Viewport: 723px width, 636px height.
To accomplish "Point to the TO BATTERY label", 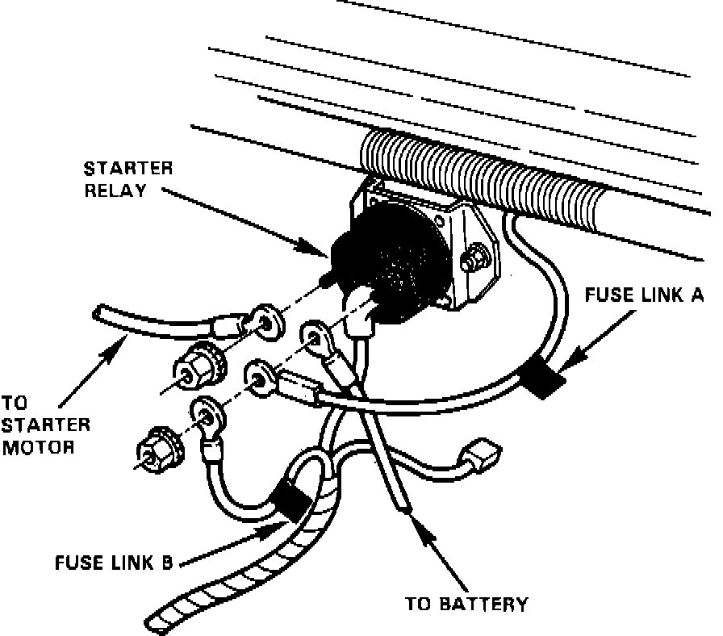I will click(466, 603).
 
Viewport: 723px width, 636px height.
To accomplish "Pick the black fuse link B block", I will click(288, 502).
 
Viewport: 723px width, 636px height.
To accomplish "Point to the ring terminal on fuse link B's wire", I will click(207, 419).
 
